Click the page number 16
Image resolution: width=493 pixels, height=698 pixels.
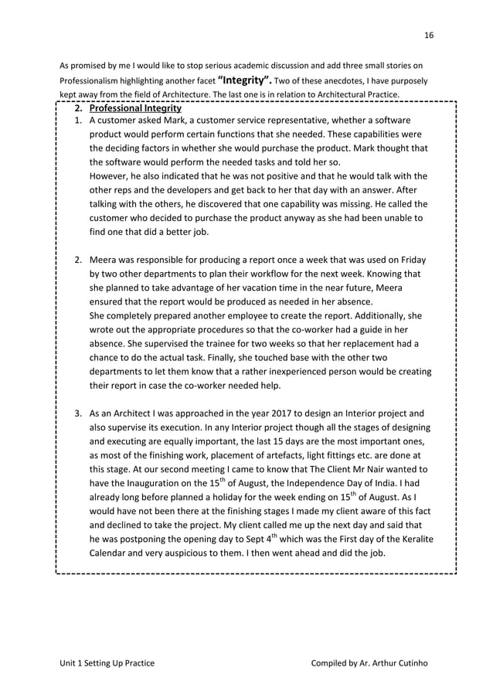429,34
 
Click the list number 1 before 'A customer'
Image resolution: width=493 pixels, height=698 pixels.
78,121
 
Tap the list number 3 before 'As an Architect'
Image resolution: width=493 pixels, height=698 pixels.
78,413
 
